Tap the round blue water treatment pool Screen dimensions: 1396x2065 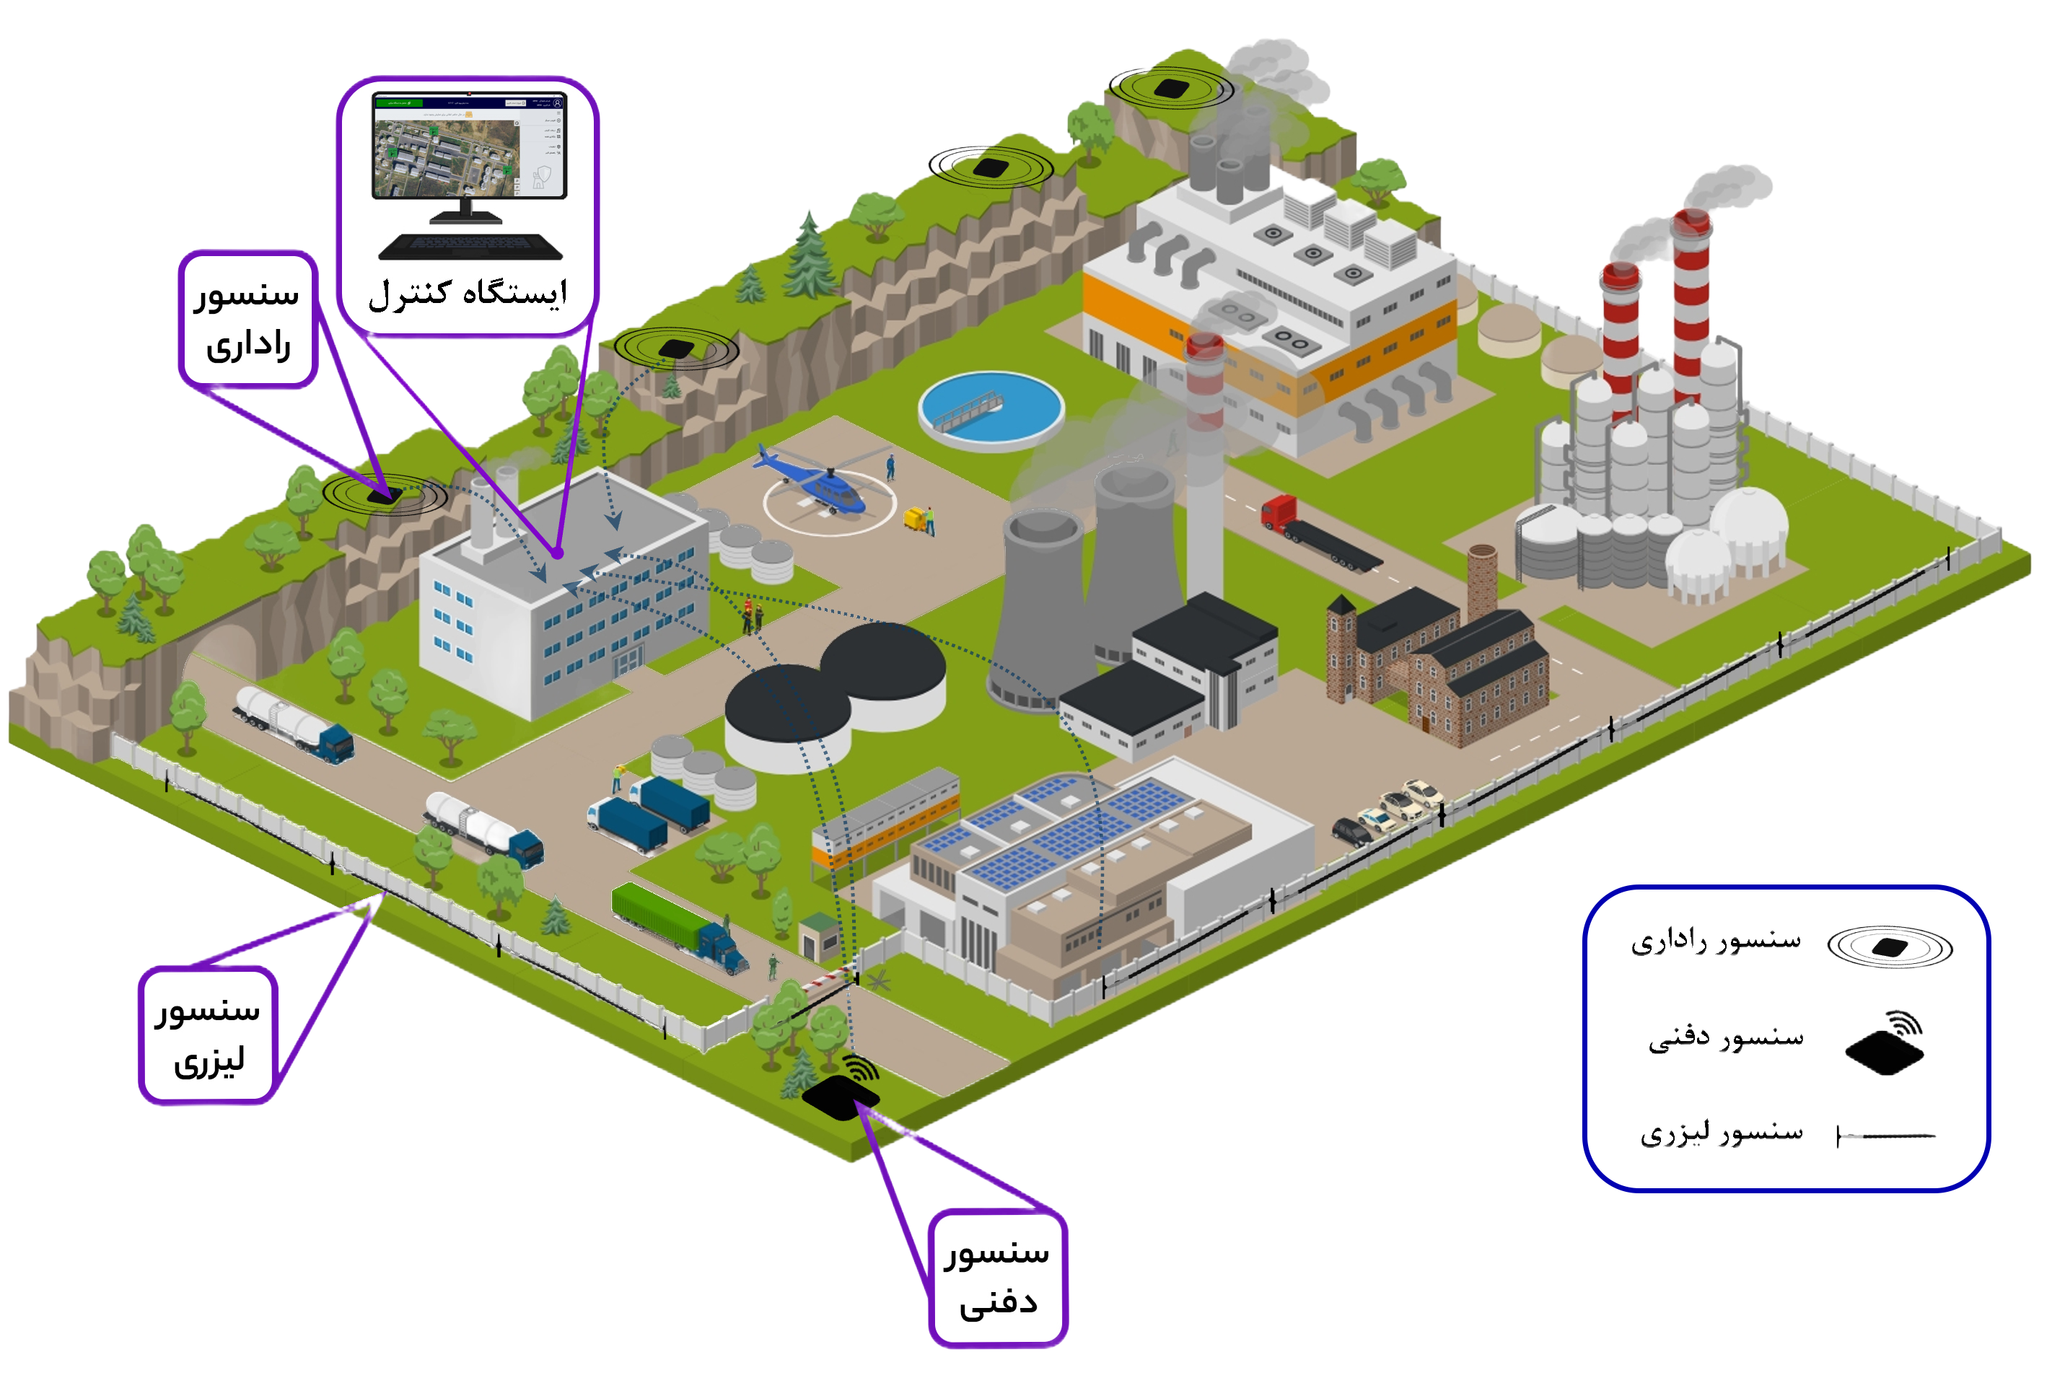pos(991,410)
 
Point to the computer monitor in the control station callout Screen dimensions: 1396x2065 pos(468,146)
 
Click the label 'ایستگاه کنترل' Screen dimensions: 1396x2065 pos(468,293)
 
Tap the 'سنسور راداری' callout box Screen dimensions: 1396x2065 pos(248,319)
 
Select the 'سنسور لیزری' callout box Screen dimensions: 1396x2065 pos(208,1035)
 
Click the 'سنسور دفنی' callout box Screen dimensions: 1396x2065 pos(997,1278)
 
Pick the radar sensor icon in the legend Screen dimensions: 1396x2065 pos(1889,947)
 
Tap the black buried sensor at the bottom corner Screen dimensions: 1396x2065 pos(840,1097)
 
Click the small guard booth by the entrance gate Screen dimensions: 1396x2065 pos(818,936)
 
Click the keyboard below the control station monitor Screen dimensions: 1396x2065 pos(470,246)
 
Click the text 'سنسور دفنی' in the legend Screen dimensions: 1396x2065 pos(1726,1038)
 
